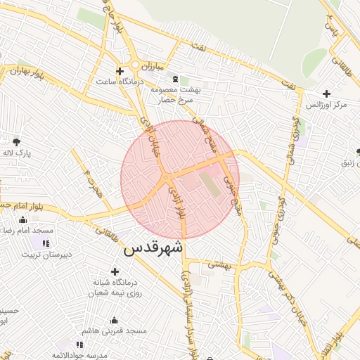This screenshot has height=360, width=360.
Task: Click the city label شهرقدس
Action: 153,248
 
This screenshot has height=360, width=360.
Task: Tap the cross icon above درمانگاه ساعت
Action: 120,71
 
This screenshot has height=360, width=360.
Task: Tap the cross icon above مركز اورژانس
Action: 326,94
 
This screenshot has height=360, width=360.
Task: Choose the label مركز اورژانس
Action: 326,105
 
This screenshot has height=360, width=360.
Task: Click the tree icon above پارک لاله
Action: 15,141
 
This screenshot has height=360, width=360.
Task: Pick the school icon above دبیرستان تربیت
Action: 46,243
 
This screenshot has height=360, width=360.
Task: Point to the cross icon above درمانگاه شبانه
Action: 115,271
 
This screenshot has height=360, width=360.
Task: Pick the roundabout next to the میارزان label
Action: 134,65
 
